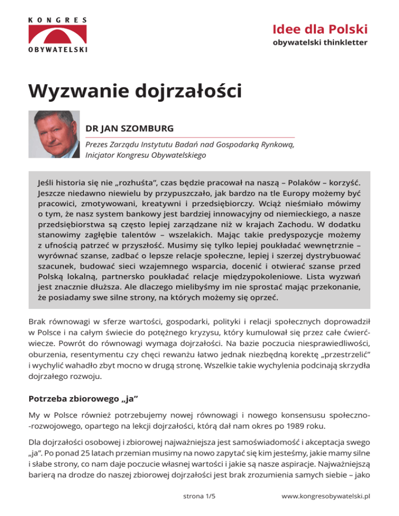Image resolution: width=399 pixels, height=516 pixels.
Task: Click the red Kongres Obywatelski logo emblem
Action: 58,34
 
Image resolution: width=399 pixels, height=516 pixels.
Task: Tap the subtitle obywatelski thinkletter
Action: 320,42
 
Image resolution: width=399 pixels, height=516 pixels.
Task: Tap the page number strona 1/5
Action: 199,496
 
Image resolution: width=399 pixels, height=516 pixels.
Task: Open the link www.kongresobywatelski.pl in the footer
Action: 325,496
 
